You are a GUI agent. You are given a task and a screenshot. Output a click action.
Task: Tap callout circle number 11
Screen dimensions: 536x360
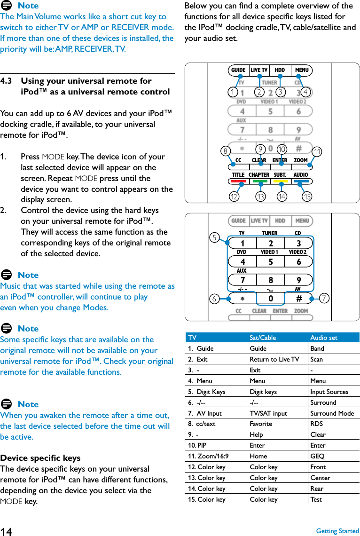[x=318, y=151]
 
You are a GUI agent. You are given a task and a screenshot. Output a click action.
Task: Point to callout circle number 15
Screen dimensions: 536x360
[x=307, y=197]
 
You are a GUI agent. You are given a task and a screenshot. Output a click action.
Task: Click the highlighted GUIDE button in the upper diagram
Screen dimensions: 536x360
[x=238, y=71]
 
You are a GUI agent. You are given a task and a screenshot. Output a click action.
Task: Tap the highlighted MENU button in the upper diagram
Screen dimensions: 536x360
[x=302, y=71]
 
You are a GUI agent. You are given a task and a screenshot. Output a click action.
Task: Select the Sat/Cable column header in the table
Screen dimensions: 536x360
[x=263, y=338]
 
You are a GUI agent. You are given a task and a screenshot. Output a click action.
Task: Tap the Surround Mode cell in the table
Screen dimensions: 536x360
[x=332, y=413]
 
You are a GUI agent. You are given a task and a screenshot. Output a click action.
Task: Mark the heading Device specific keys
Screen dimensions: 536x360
[x=40, y=458]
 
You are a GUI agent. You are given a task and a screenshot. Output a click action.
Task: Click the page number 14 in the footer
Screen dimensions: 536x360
[x=6, y=531]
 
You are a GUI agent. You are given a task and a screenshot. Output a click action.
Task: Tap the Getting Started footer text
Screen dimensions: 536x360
[x=337, y=531]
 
